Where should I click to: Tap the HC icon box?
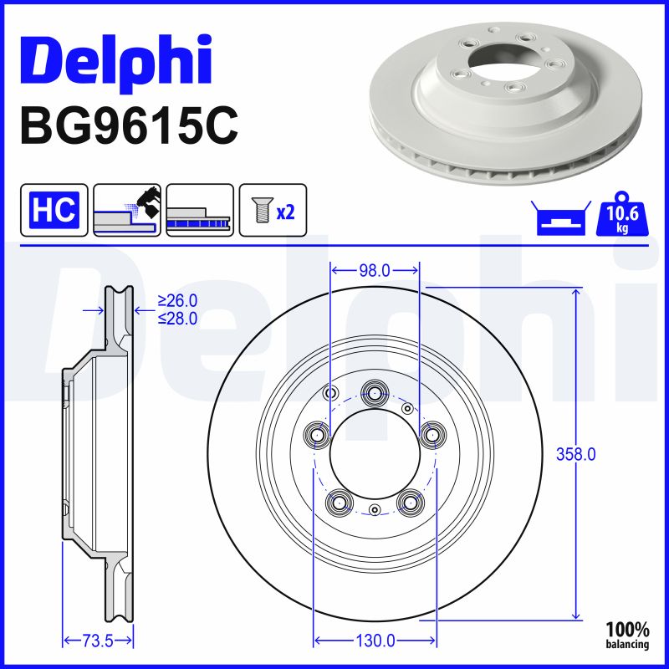54,210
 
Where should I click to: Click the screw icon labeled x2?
273,210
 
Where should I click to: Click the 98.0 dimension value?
375,270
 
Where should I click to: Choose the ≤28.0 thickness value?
177,319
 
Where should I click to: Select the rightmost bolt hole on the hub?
432,433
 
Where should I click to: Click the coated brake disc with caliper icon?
127,210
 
